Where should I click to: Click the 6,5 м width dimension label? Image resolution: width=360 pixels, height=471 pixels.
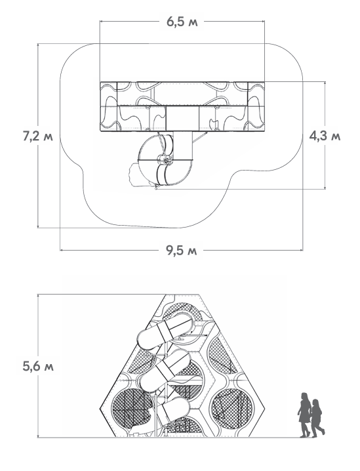[182, 22]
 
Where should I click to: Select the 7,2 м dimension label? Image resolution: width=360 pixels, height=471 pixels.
[38, 136]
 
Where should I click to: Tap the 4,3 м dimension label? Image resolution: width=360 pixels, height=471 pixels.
[325, 136]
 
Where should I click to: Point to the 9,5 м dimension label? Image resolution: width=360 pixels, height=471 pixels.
[182, 250]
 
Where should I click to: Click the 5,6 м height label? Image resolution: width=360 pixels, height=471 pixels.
[38, 366]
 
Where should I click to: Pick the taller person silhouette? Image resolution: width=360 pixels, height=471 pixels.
[304, 415]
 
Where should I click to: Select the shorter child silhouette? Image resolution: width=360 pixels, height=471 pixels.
[317, 418]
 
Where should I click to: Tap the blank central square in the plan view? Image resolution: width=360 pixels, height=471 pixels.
[182, 118]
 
